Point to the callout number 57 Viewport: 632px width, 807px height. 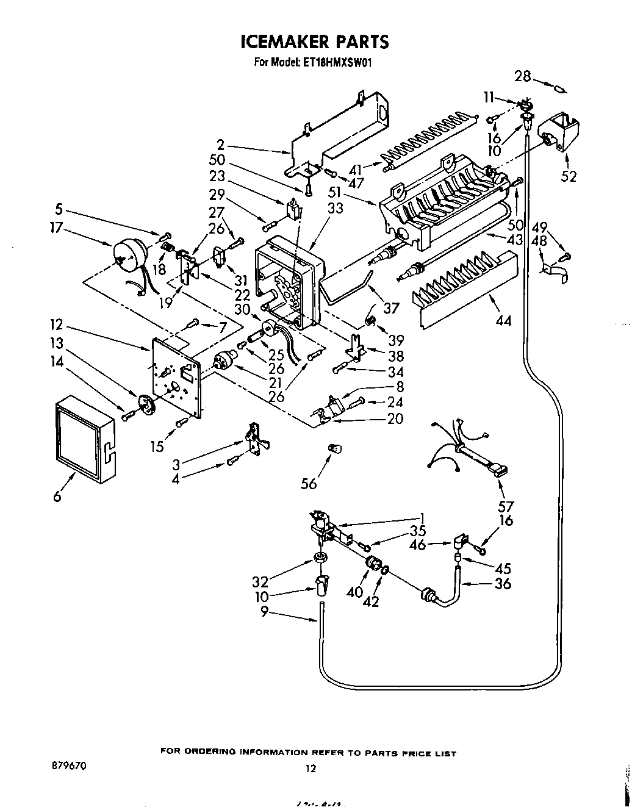(506, 506)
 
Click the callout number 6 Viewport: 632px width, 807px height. (57, 497)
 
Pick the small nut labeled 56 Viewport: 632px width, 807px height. (334, 449)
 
